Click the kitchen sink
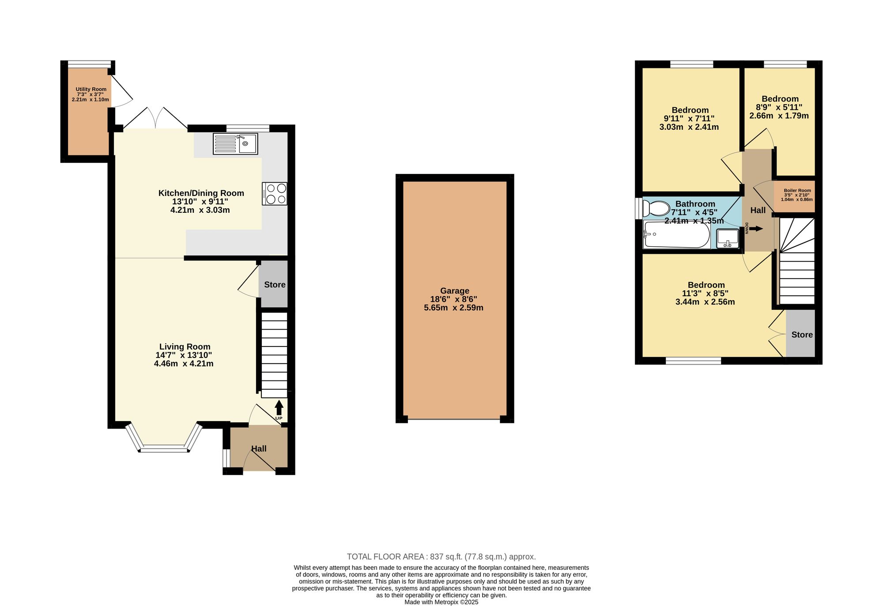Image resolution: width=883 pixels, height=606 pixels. point(235,143)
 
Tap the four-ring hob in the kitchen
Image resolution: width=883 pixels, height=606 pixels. point(275,194)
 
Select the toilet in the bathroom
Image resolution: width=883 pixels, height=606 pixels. point(656,208)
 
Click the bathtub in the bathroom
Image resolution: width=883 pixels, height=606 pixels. point(677,235)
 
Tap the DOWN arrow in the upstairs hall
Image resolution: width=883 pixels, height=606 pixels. point(756,229)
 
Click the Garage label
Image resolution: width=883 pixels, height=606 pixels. point(455,291)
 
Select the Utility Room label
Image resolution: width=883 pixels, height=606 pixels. point(91,89)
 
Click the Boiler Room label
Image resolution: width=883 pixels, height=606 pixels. point(797,191)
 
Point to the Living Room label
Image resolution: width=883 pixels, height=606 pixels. point(185,347)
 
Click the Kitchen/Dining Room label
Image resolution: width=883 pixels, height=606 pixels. point(201,193)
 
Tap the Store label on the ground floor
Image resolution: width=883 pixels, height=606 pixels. point(275,285)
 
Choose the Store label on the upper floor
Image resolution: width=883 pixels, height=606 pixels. point(802,335)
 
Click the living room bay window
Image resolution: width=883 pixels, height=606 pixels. point(164,439)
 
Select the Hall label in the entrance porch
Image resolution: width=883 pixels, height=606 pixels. point(259,448)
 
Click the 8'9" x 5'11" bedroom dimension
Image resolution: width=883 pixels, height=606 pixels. point(779,107)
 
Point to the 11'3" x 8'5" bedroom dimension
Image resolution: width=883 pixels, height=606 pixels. point(705,294)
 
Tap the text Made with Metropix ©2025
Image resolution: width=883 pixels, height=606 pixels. point(441,602)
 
